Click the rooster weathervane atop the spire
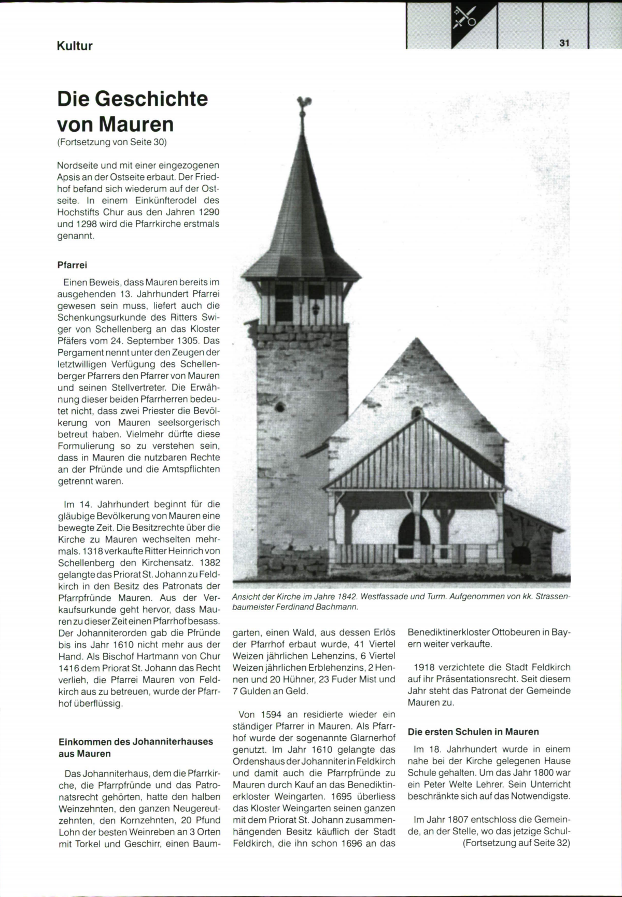302,103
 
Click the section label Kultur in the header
75,46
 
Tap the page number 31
564,44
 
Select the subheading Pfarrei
72,265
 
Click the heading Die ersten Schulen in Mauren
473,732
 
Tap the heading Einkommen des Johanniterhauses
136,742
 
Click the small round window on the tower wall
280,406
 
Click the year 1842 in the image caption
346,597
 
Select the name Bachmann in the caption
340,606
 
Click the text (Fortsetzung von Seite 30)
112,142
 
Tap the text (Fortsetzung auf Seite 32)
516,843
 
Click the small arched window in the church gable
416,413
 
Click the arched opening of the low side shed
520,557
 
